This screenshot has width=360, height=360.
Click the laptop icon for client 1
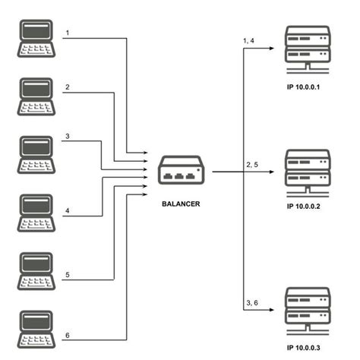[35, 38]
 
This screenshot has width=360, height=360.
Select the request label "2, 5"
[253, 163]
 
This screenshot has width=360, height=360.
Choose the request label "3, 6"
[253, 303]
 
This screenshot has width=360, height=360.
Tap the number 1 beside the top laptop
[68, 33]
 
